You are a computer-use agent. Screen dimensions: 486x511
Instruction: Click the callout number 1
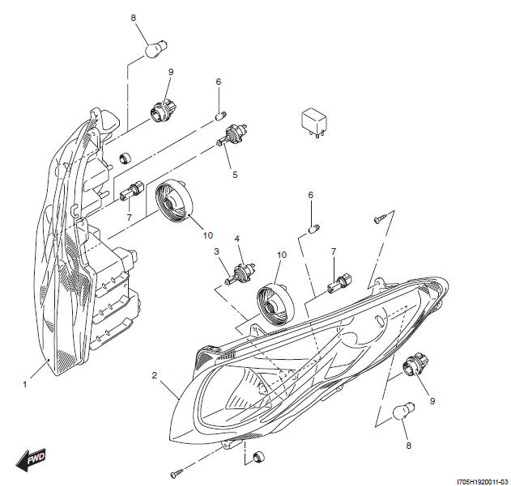point(25,384)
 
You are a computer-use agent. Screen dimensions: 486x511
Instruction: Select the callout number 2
point(154,375)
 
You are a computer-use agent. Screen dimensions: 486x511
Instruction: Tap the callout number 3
point(217,252)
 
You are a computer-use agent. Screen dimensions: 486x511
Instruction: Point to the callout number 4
point(237,239)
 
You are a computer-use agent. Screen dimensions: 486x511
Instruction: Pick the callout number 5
point(235,174)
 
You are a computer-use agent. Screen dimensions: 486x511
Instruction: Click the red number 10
point(282,255)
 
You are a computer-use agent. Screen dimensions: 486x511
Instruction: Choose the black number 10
point(207,235)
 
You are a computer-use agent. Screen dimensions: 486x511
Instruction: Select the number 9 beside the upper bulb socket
point(170,73)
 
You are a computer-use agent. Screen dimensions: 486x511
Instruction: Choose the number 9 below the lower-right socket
point(432,401)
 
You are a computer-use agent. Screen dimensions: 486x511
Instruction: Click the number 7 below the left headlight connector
point(128,218)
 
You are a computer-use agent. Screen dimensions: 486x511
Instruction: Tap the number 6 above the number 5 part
point(218,82)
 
